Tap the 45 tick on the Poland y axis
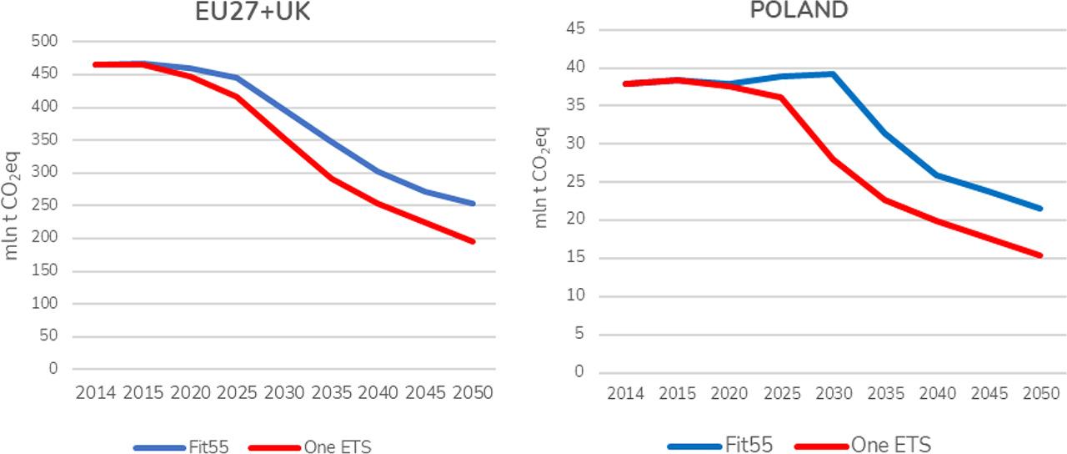point(574,29)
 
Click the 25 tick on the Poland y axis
point(574,182)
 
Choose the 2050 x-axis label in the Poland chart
point(1040,393)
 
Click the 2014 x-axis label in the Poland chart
point(625,393)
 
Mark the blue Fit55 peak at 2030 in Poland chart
point(833,73)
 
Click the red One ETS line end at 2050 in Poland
point(1040,255)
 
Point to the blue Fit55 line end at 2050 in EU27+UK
point(473,203)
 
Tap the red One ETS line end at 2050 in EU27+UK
point(473,241)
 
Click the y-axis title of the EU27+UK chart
point(12,204)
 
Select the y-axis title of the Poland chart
point(541,177)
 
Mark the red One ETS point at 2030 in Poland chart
point(833,159)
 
